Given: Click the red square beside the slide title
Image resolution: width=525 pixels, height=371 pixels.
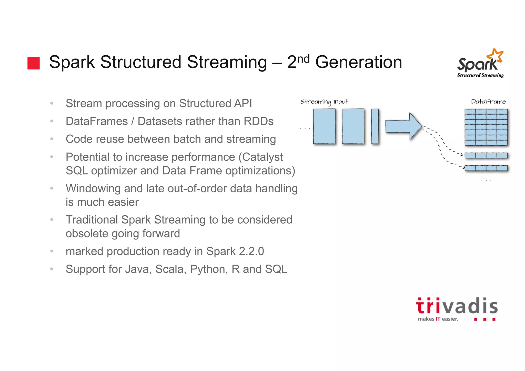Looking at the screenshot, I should coord(34,63).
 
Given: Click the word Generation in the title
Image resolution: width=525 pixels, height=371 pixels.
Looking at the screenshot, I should coord(358,62).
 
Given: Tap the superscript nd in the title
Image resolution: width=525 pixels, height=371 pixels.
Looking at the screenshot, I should coord(303,59).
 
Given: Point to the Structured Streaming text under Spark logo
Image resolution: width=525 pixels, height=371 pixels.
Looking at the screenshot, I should coord(480,75).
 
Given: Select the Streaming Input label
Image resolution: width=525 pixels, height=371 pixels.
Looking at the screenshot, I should coord(324,102).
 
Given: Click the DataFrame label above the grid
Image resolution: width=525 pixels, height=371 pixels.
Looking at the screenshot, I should coord(488,102).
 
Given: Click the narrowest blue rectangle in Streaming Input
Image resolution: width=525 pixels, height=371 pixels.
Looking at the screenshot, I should coord(375,126).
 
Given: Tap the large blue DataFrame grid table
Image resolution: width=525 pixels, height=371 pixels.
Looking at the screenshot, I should coord(486,127).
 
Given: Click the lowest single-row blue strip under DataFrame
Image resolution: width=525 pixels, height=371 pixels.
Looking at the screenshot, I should coord(486,168).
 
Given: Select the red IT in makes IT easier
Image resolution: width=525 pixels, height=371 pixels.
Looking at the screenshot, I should coord(438,319).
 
